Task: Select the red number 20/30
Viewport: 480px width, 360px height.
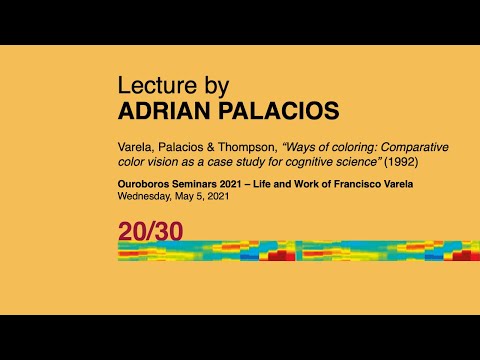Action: click(150, 231)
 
